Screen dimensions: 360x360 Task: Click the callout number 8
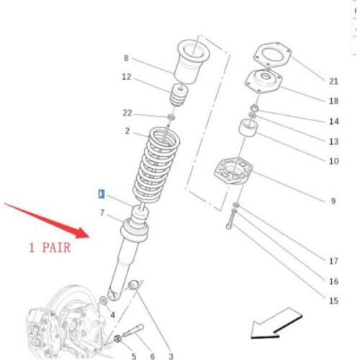[126, 58]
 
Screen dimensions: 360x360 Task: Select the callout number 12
[126, 77]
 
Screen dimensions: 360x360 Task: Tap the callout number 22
[127, 113]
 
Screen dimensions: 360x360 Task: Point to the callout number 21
[333, 81]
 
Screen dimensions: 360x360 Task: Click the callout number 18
[333, 102]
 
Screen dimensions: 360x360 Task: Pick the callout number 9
[333, 201]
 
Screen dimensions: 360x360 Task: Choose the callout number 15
[333, 301]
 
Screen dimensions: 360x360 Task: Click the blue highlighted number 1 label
[102, 194]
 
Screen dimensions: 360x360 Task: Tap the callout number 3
[171, 356]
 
